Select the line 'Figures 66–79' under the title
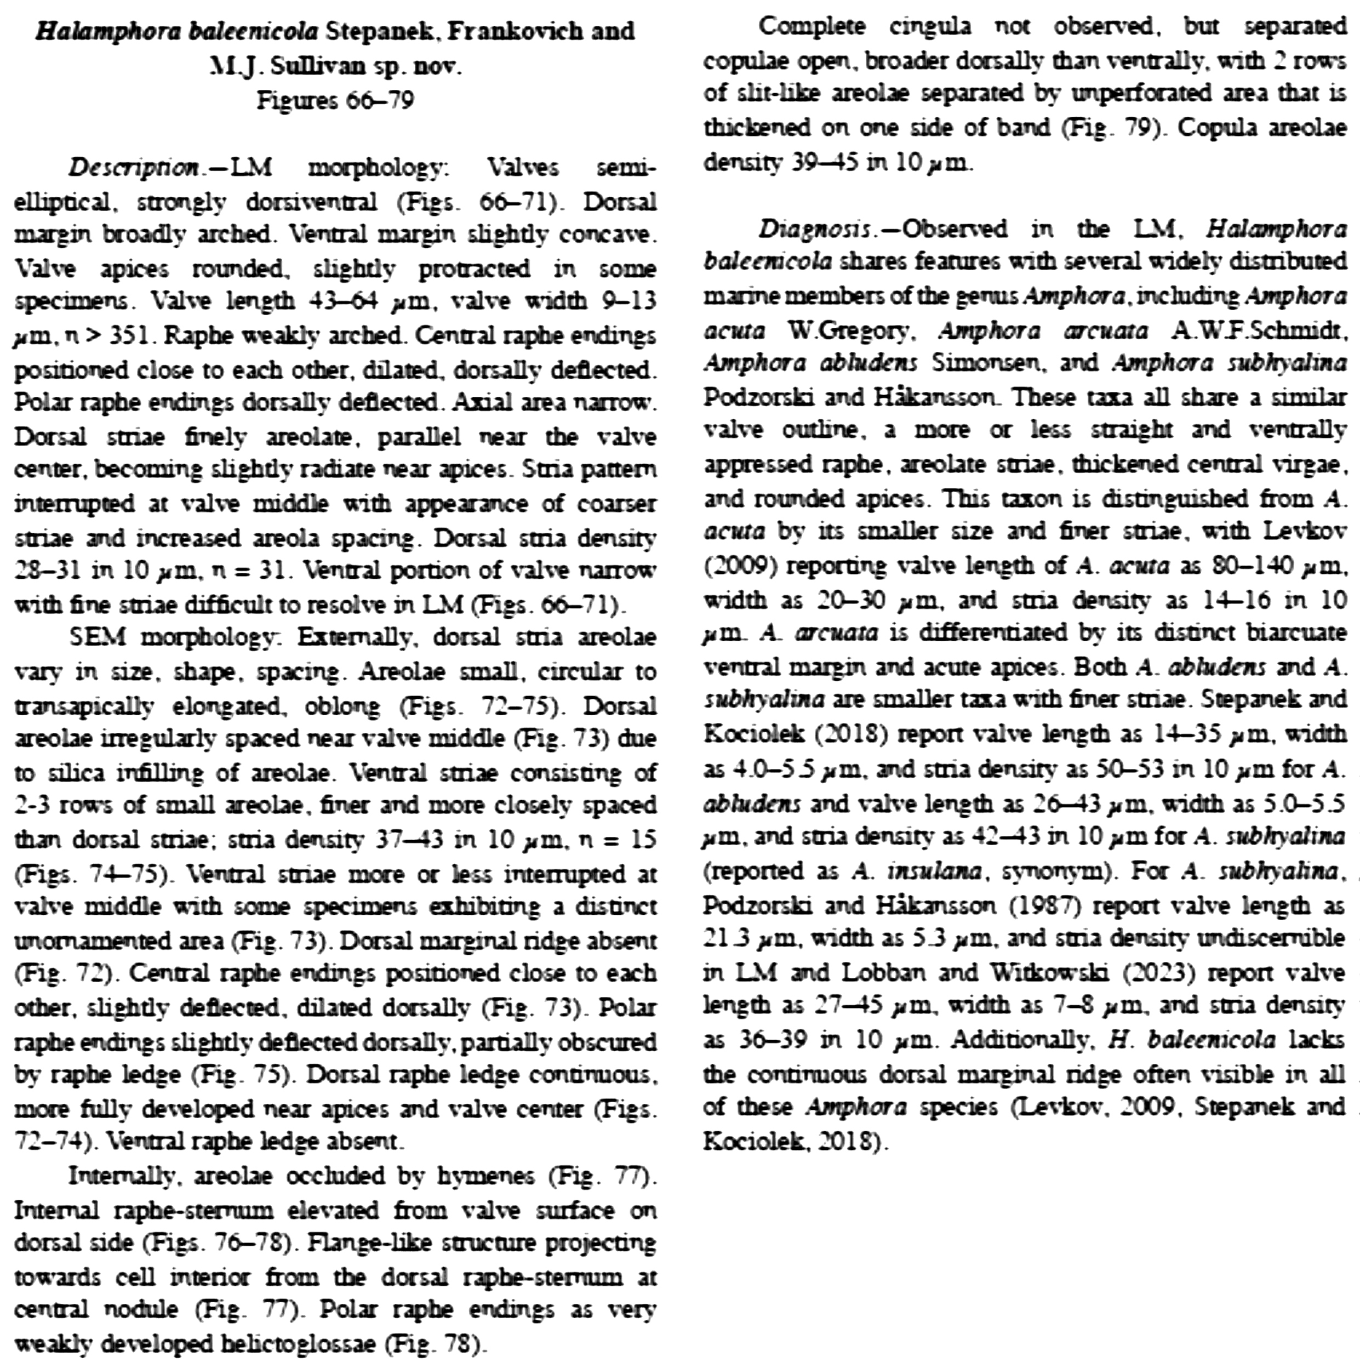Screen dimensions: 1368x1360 (x=334, y=100)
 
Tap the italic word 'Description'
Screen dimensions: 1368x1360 (x=133, y=168)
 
